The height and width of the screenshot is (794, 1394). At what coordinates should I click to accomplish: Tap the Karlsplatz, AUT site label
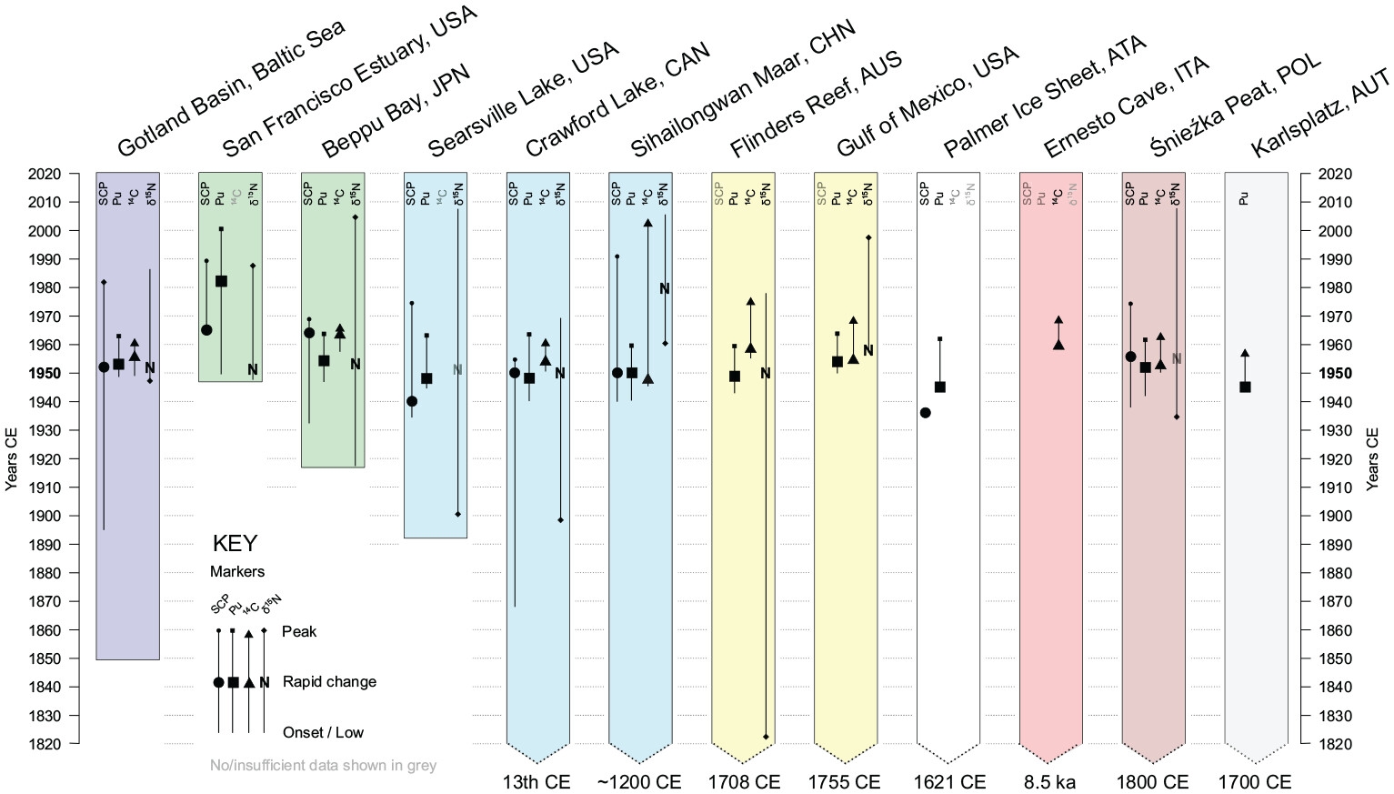pyautogui.click(x=1320, y=113)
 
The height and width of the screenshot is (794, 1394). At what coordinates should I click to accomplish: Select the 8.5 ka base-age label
pyautogui.click(x=1049, y=782)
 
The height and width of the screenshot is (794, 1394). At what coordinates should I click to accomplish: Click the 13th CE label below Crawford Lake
pyautogui.click(x=537, y=782)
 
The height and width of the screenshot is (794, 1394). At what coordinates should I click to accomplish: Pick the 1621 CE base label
pyautogui.click(x=949, y=782)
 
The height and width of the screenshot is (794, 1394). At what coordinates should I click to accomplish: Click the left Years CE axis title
pyautogui.click(x=12, y=459)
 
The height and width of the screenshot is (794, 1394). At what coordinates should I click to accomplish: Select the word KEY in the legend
pyautogui.click(x=235, y=544)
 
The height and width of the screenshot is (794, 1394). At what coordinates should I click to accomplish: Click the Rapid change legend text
pyautogui.click(x=329, y=682)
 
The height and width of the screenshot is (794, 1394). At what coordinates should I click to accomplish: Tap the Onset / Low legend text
pyautogui.click(x=323, y=733)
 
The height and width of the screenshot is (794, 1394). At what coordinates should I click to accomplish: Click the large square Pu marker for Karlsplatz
pyautogui.click(x=1245, y=387)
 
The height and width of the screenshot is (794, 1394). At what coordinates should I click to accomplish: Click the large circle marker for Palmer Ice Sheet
pyautogui.click(x=926, y=413)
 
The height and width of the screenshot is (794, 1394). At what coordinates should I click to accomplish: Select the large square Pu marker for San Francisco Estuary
pyautogui.click(x=221, y=282)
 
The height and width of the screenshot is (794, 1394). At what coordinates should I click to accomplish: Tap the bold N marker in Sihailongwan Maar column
pyautogui.click(x=665, y=289)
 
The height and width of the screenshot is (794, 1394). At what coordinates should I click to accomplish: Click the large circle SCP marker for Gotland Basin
pyautogui.click(x=104, y=367)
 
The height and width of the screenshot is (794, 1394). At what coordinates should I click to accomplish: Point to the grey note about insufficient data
pyautogui.click(x=323, y=766)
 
